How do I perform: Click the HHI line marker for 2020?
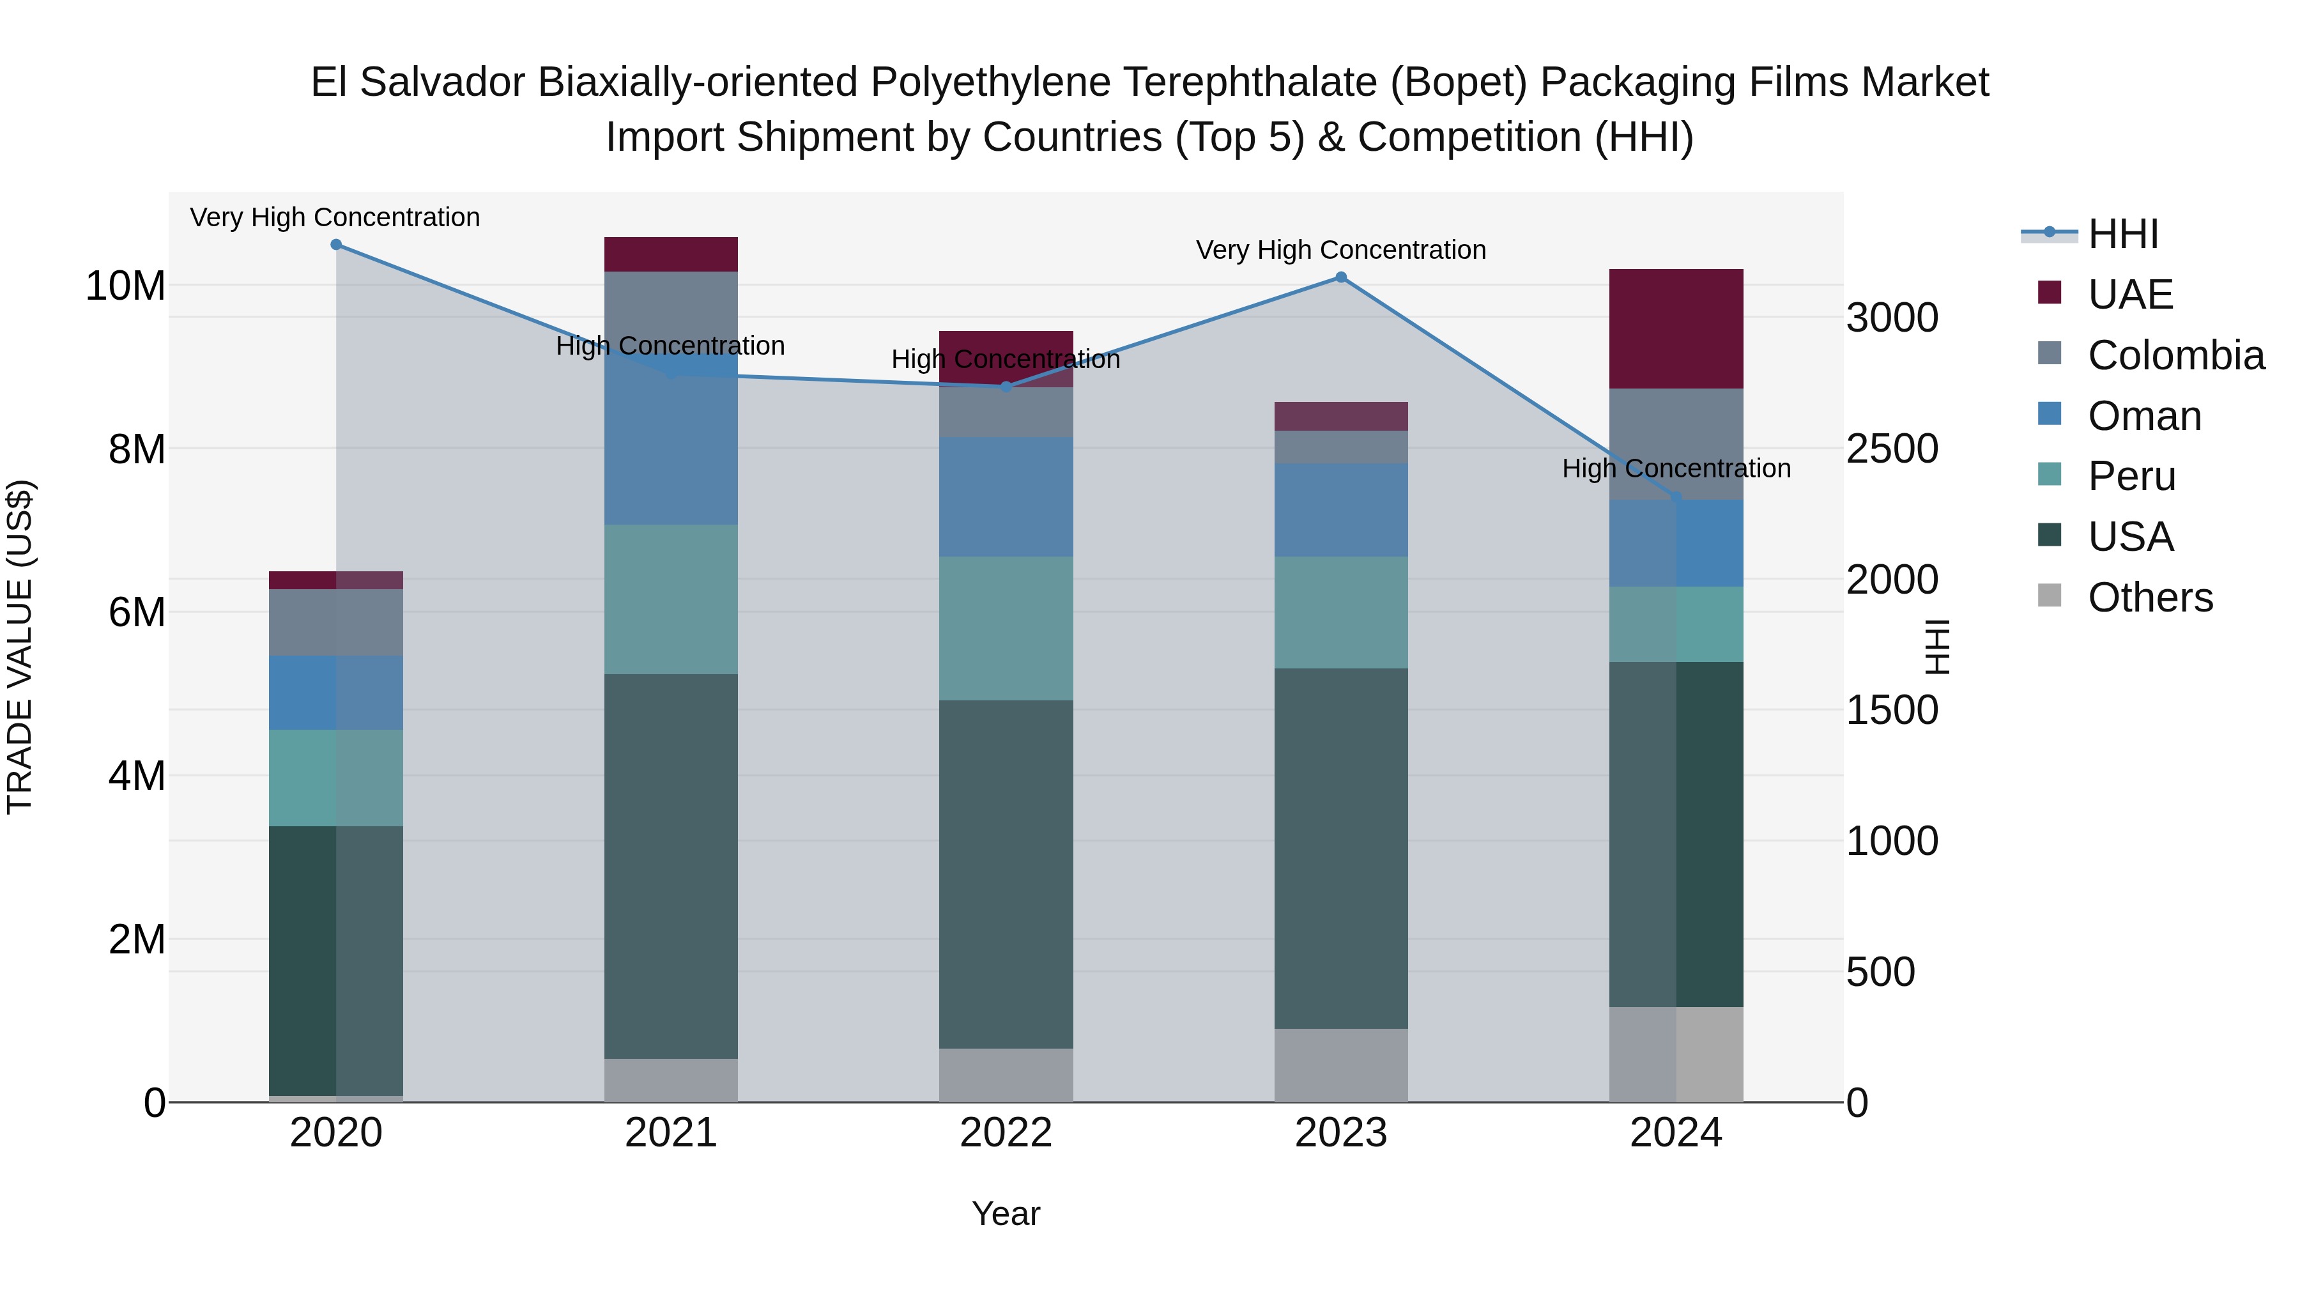pyautogui.click(x=335, y=245)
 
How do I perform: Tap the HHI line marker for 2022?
pyautogui.click(x=1006, y=387)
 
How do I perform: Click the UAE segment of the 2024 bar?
pyautogui.click(x=1675, y=328)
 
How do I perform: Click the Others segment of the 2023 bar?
pyautogui.click(x=1340, y=1065)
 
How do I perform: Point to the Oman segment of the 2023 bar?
pyautogui.click(x=1340, y=510)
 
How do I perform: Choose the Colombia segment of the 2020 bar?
pyautogui.click(x=335, y=622)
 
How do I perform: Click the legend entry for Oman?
pyautogui.click(x=2143, y=416)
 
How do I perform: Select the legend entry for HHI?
pyautogui.click(x=2121, y=234)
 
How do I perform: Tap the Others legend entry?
pyautogui.click(x=2149, y=597)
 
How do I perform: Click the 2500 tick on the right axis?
pyautogui.click(x=1892, y=449)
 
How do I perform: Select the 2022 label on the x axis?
pyautogui.click(x=1006, y=1133)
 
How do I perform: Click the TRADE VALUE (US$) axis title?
pyautogui.click(x=20, y=647)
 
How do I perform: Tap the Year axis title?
pyautogui.click(x=1006, y=1213)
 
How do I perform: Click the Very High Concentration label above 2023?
pyautogui.click(x=1340, y=250)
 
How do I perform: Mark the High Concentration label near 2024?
pyautogui.click(x=1675, y=469)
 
